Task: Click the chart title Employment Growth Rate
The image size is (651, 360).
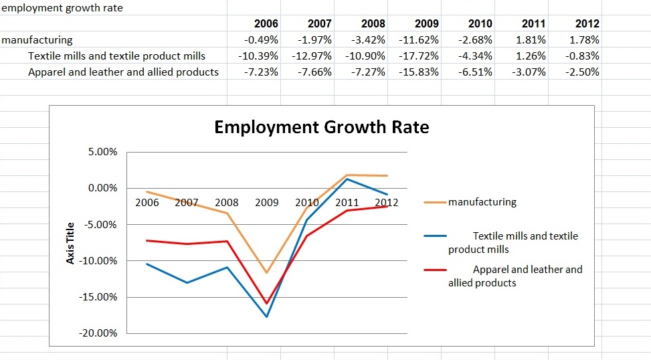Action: click(321, 127)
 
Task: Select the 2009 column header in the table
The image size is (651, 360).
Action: click(426, 23)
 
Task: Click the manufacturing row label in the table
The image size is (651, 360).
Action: click(37, 40)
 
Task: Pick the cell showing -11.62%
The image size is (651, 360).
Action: click(418, 40)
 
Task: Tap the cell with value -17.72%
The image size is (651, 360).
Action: click(418, 56)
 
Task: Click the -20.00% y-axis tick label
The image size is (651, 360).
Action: click(100, 333)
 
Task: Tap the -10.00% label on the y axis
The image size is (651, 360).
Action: click(100, 260)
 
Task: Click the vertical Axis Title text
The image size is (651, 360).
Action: click(71, 242)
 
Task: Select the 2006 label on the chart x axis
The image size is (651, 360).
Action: click(147, 202)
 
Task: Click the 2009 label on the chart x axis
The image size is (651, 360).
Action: click(267, 202)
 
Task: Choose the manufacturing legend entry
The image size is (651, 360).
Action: click(482, 202)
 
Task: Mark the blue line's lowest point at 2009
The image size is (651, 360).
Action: click(267, 317)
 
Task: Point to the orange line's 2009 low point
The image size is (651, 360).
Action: click(267, 272)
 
